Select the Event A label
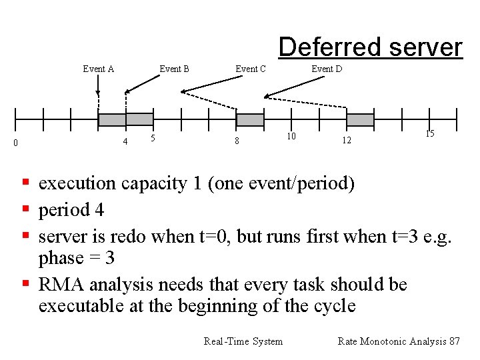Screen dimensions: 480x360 [98, 69]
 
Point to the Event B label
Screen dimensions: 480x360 [174, 69]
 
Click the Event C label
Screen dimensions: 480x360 [251, 69]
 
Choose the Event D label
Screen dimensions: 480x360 [327, 69]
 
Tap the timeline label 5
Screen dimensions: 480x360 [153, 138]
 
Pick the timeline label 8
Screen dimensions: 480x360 [236, 141]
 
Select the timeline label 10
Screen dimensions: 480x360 [291, 136]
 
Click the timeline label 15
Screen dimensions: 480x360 [429, 134]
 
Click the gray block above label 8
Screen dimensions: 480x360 [251, 120]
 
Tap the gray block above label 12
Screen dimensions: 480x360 [360, 120]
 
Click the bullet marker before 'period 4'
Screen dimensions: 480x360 [25, 210]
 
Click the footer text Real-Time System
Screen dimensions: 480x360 [243, 341]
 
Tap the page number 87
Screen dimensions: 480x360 [454, 341]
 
